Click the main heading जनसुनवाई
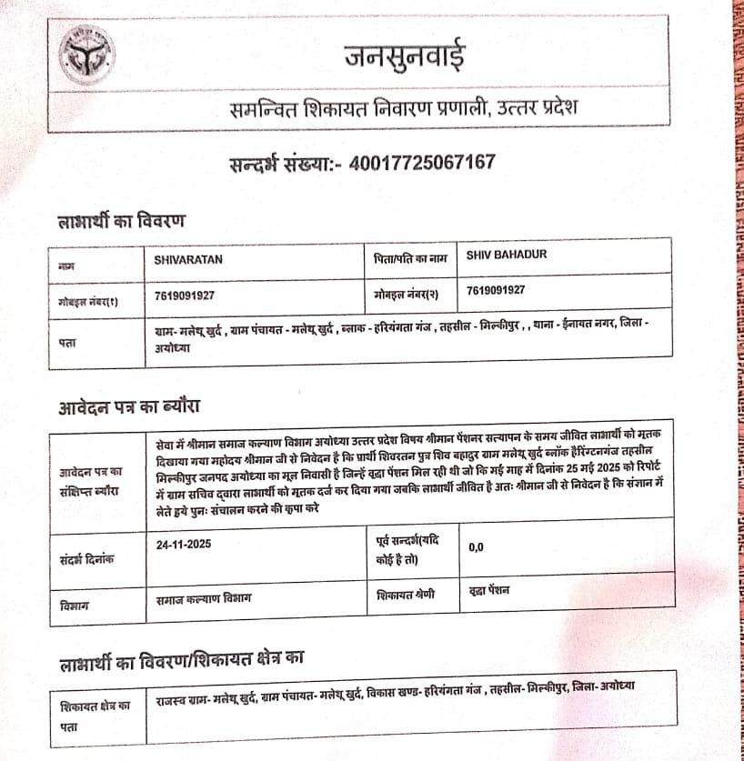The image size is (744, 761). click(404, 57)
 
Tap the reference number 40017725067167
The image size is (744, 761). click(423, 164)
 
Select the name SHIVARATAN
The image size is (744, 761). click(189, 259)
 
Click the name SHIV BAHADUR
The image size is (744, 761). click(507, 255)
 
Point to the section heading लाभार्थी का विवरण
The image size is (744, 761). click(122, 220)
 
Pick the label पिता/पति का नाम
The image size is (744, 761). click(410, 258)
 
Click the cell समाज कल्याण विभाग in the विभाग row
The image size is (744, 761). click(204, 598)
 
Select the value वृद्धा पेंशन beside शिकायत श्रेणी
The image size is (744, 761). click(489, 591)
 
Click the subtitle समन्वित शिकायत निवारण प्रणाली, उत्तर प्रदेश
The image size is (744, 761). click(403, 111)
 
